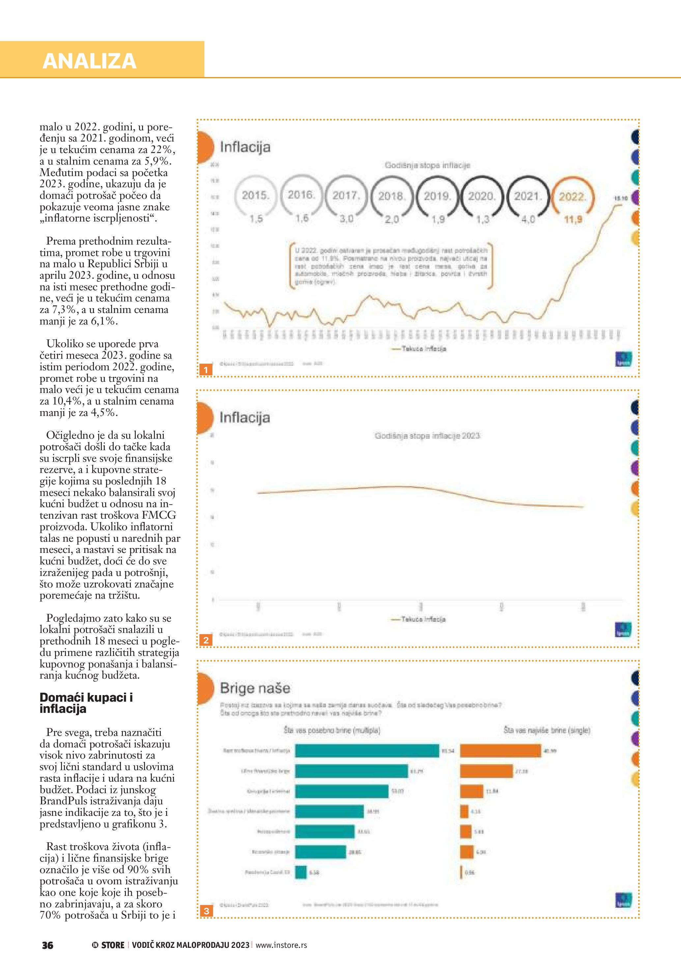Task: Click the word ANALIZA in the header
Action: [x=89, y=61]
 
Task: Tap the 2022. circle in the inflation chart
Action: [x=572, y=196]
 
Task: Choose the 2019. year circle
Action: [x=437, y=196]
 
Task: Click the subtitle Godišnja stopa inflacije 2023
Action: [x=427, y=436]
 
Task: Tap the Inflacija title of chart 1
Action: [x=245, y=147]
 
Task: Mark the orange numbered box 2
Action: [x=206, y=640]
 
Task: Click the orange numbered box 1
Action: [x=206, y=370]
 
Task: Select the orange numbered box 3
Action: [x=206, y=911]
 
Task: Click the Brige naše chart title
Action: [x=255, y=688]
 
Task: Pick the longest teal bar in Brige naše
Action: [x=367, y=751]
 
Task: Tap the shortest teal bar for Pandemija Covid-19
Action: [x=301, y=872]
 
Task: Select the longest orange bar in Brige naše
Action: [x=500, y=751]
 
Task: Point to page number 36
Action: [x=47, y=945]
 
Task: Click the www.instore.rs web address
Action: [x=281, y=945]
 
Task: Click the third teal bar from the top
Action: [x=341, y=791]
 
